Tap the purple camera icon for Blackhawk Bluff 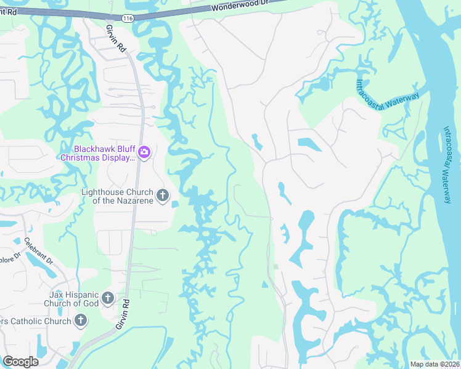tap(144, 152)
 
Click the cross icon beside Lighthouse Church tap(162, 196)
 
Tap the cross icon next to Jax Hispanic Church tap(107, 299)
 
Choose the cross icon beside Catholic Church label tap(80, 320)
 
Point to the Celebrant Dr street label tap(39, 251)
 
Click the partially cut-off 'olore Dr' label tap(10, 253)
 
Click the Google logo tap(21, 361)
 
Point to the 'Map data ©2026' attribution tap(434, 364)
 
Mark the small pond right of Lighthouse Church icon tap(175, 204)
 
